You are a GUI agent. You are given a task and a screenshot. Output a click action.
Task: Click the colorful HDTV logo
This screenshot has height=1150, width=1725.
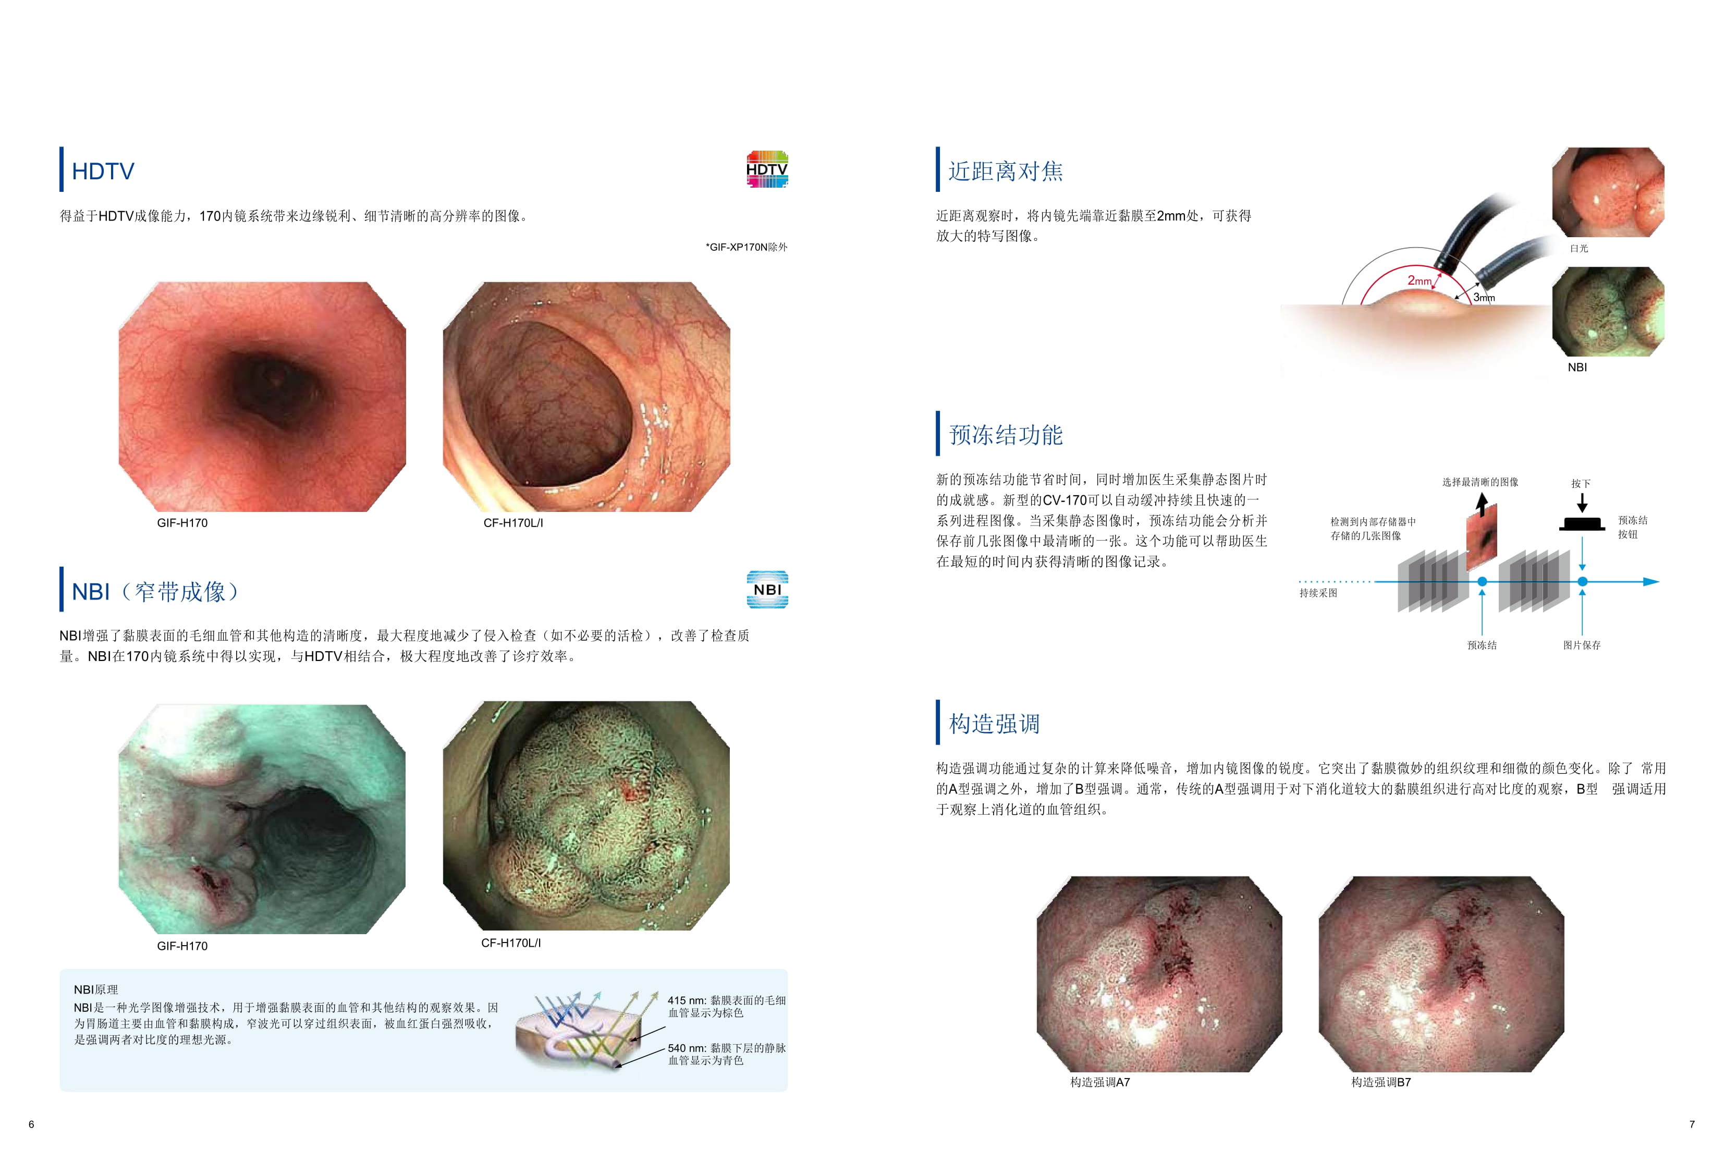pyautogui.click(x=767, y=169)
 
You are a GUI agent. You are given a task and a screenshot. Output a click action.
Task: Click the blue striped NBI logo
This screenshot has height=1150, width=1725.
pyautogui.click(x=767, y=590)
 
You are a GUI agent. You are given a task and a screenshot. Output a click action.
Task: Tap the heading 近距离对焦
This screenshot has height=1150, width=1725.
pyautogui.click(x=1006, y=171)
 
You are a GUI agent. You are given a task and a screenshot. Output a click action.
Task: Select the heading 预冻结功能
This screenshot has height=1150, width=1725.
pyautogui.click(x=1006, y=435)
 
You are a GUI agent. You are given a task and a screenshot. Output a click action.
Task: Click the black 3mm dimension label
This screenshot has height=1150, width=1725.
pyautogui.click(x=1484, y=298)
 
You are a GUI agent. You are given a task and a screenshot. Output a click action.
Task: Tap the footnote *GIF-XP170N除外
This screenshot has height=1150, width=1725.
pyautogui.click(x=747, y=247)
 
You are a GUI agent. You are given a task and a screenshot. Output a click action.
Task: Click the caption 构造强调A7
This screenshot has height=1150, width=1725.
pyautogui.click(x=1099, y=1083)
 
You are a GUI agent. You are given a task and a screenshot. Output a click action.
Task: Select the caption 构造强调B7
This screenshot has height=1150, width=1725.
pyautogui.click(x=1381, y=1083)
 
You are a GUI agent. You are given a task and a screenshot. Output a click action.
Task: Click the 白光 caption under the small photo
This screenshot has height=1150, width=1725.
pyautogui.click(x=1579, y=249)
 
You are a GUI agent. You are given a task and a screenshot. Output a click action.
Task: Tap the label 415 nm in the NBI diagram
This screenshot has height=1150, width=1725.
pyautogui.click(x=687, y=1000)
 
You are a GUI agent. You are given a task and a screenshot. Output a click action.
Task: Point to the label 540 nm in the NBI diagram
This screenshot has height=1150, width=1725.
pyautogui.click(x=687, y=1048)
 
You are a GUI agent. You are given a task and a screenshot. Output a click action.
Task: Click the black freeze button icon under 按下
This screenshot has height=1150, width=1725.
pyautogui.click(x=1582, y=524)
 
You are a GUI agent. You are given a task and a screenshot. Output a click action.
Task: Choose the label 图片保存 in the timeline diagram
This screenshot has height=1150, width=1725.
pyautogui.click(x=1582, y=645)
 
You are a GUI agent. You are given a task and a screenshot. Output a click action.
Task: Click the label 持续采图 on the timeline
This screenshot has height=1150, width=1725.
pyautogui.click(x=1318, y=593)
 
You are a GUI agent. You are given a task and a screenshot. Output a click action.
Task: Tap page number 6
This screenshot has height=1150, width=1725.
pyautogui.click(x=31, y=1124)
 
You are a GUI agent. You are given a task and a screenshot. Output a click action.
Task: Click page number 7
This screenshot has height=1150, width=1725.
pyautogui.click(x=1692, y=1124)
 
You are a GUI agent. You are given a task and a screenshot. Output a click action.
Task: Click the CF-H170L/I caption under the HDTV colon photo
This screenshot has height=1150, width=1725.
pyautogui.click(x=513, y=523)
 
